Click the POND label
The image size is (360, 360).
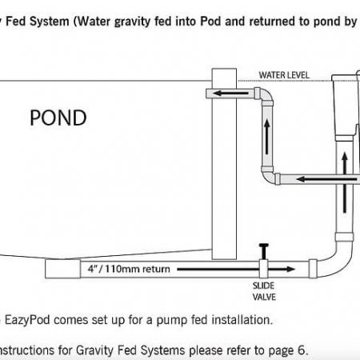(58, 118)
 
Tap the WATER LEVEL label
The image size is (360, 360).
(284, 75)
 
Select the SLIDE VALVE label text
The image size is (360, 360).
(264, 291)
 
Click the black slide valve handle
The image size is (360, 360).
(264, 251)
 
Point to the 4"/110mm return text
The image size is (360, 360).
(129, 269)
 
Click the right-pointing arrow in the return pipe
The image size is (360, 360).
(236, 269)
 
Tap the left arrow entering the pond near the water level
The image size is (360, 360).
(231, 93)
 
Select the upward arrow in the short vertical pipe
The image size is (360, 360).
(267, 137)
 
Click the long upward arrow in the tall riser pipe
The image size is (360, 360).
(345, 182)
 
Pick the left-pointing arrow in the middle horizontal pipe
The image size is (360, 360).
(326, 179)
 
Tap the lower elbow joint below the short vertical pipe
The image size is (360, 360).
(270, 176)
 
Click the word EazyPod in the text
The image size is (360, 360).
(27, 320)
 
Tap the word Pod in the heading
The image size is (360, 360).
(210, 22)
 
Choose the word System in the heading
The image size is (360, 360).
(50, 22)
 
